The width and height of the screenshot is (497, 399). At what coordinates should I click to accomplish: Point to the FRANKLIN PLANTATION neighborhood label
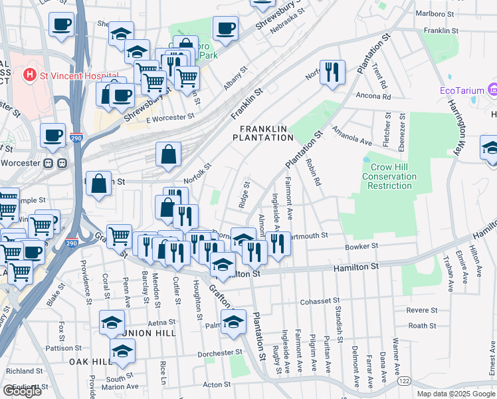click(262, 132)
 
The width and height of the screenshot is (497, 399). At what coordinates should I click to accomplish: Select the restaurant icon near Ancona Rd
click(332, 72)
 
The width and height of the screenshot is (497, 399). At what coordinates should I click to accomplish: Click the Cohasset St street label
click(320, 301)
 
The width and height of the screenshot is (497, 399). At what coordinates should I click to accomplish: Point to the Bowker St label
click(361, 246)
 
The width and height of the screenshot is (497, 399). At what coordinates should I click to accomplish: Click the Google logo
click(22, 391)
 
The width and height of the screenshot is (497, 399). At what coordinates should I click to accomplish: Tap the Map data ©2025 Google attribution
click(455, 394)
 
